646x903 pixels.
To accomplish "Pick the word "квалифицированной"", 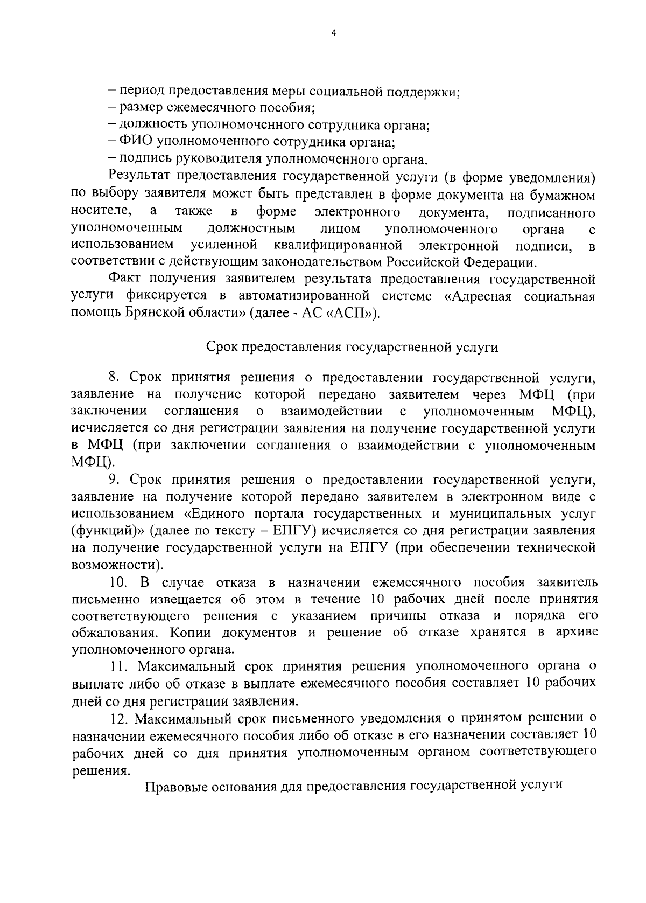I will pos(338,246).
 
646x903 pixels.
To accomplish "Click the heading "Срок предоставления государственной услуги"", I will pos(352,348).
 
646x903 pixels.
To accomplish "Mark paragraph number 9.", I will pos(113,480).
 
